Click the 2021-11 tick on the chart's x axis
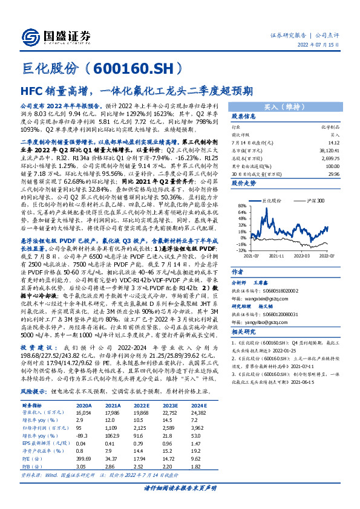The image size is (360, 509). pyautogui.click(x=275, y=256)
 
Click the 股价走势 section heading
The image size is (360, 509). pyautogui.click(x=245, y=181)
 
